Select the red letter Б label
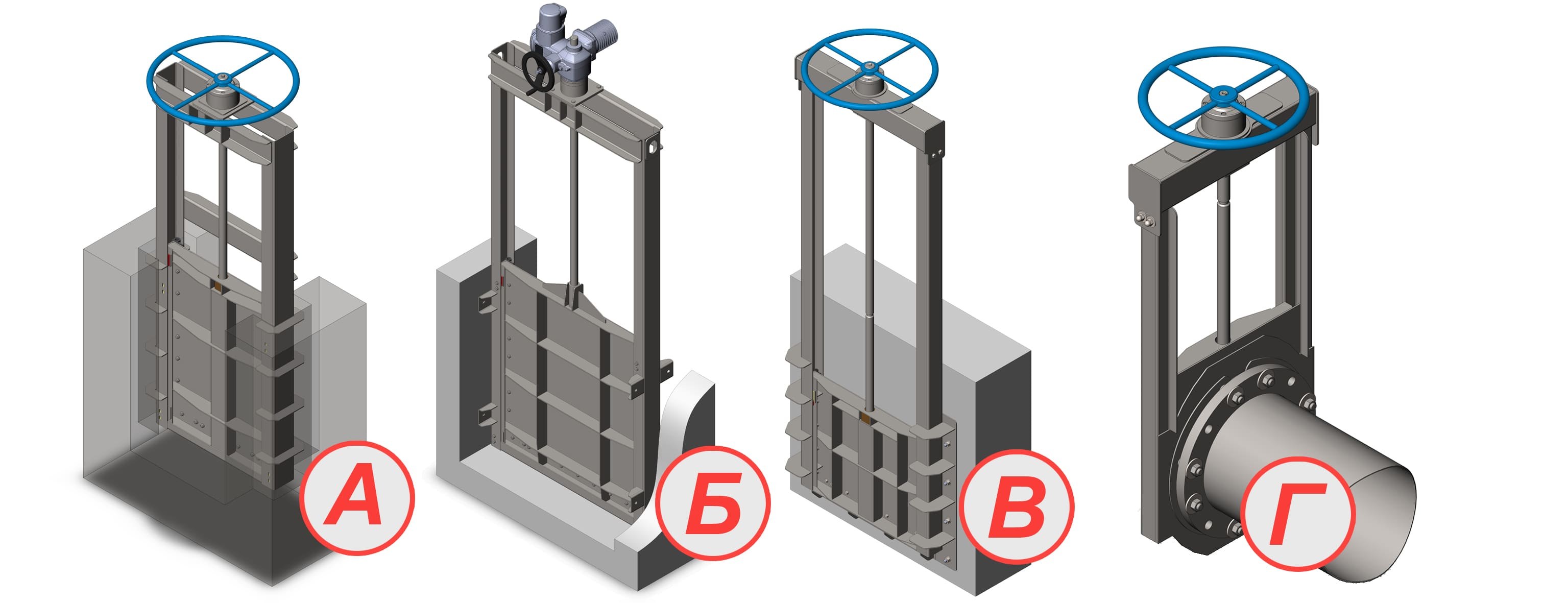[713, 502]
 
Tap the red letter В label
[1017, 506]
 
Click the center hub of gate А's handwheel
[224, 77]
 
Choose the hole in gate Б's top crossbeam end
[653, 147]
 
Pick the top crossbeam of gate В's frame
[871, 101]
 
